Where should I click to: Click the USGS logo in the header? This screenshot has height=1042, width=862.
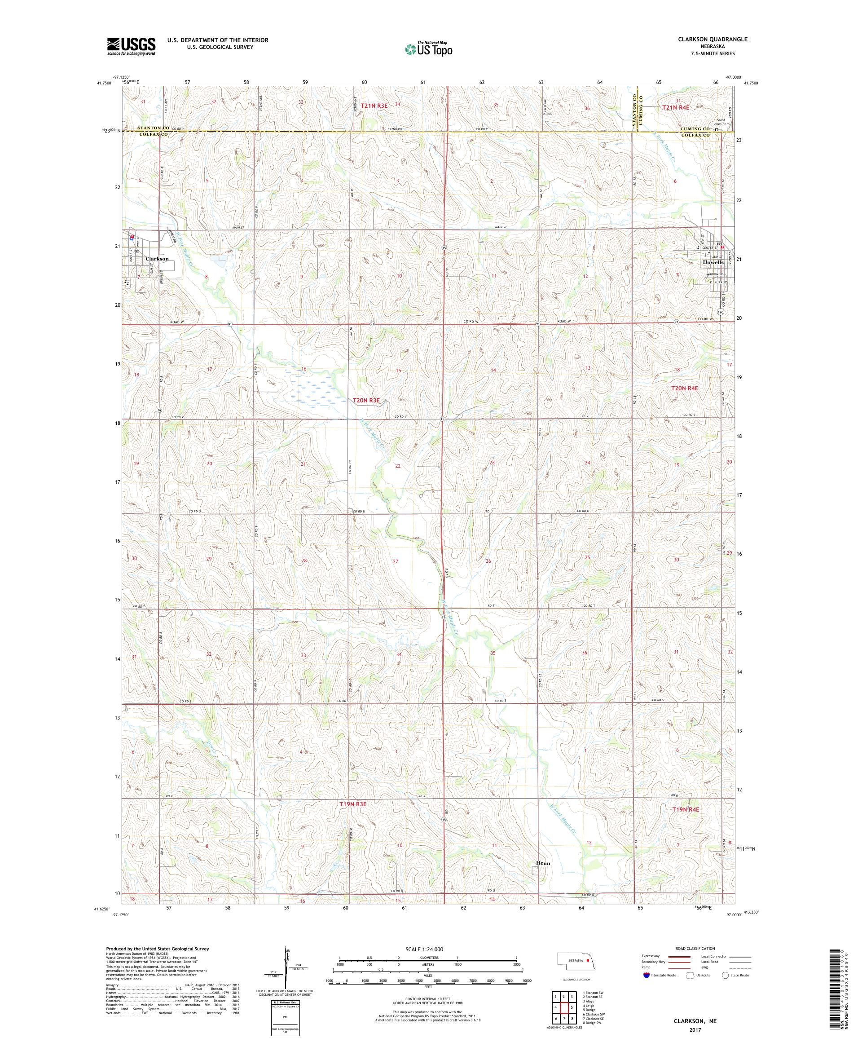(x=132, y=46)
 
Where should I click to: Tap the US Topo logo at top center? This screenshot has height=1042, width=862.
(x=430, y=49)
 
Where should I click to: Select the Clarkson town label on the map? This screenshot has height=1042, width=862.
(x=157, y=259)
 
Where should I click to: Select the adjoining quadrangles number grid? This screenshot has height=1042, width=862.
(x=564, y=1005)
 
